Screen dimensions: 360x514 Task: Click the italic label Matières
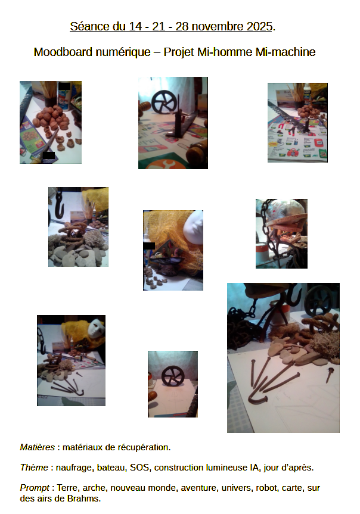(x=38, y=447)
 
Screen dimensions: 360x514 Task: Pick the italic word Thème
(x=34, y=467)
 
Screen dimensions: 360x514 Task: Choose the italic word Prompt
(x=35, y=488)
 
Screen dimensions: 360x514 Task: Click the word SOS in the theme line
(x=140, y=467)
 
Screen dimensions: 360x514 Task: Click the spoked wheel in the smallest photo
(x=173, y=376)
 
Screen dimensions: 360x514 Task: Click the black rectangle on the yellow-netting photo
(x=150, y=245)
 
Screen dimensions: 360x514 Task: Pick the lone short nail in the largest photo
(x=330, y=375)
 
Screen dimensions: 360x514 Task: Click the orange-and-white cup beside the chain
(x=262, y=254)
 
